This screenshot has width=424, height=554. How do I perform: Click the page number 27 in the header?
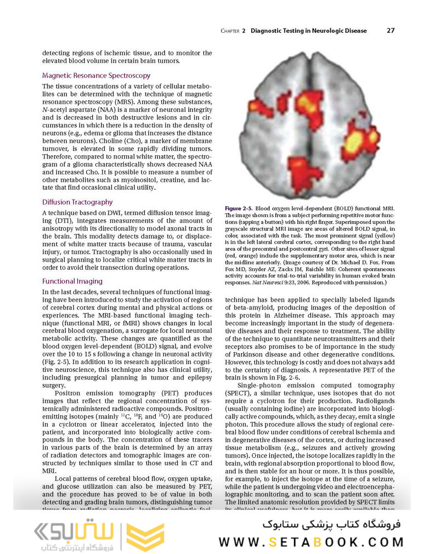[390, 31]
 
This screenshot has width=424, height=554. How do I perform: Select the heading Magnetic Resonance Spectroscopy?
[96, 76]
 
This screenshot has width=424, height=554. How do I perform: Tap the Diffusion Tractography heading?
[77, 202]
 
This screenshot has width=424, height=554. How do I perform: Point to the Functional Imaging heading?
[72, 281]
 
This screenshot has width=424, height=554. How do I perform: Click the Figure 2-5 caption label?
[239, 209]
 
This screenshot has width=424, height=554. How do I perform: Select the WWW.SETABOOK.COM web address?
[310, 542]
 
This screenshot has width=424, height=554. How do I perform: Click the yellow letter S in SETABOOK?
[273, 542]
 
